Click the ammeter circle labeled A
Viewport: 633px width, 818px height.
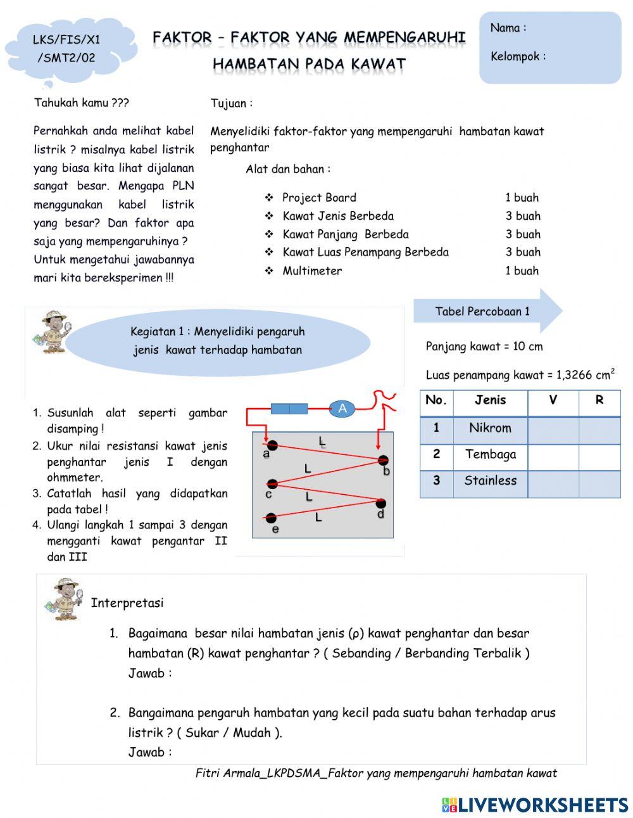point(342,409)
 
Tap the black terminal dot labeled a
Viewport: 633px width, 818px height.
point(272,445)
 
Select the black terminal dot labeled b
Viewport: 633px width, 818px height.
point(382,461)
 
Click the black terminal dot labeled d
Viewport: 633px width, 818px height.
point(380,504)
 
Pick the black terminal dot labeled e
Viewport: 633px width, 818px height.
point(272,518)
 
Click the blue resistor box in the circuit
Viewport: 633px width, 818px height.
point(289,409)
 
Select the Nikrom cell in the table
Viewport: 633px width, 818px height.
point(490,428)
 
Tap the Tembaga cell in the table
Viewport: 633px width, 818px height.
point(490,454)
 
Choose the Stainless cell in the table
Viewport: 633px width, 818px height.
point(490,481)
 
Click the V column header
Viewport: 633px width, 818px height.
point(553,400)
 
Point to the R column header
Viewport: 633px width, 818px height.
point(599,400)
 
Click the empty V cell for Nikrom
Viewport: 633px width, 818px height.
point(553,428)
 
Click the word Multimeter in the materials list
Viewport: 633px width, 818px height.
point(312,271)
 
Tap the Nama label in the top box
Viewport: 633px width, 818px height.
point(508,28)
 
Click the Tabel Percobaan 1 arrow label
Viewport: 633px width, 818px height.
point(483,311)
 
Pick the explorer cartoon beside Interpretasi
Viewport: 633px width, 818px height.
point(64,598)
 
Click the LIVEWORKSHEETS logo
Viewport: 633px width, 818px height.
point(535,805)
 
